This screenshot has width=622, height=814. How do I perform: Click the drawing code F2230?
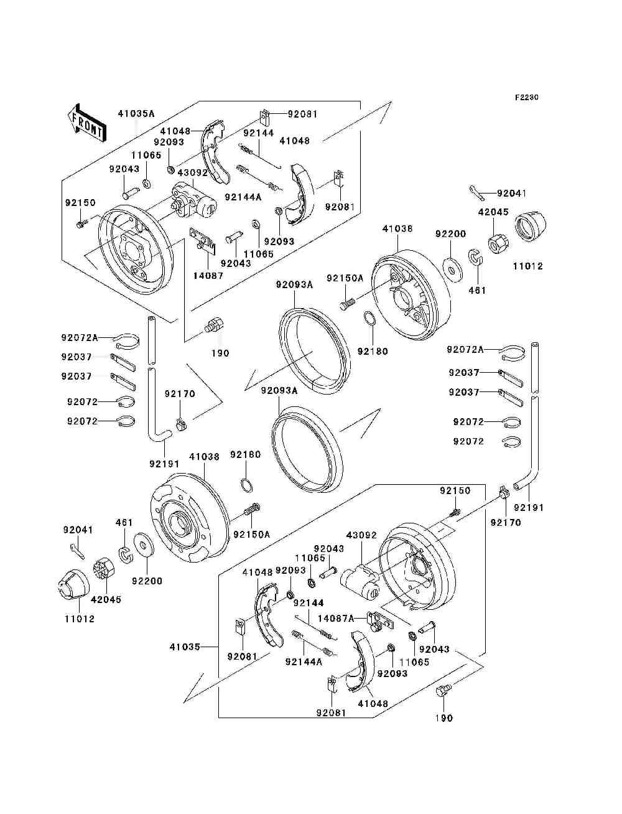[x=526, y=98]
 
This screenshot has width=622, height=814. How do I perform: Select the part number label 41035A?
[x=136, y=113]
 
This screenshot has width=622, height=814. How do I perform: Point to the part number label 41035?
[x=185, y=647]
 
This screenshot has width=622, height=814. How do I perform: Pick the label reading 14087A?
[x=335, y=618]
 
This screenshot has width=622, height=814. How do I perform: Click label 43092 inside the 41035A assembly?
[x=192, y=172]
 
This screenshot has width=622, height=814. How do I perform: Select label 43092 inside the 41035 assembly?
[x=361, y=535]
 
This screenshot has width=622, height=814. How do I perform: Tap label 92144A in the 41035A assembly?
[x=243, y=197]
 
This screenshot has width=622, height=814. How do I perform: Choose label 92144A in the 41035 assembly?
[x=304, y=662]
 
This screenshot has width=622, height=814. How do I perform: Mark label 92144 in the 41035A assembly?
[x=258, y=133]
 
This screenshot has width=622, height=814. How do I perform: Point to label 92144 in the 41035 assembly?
[x=309, y=603]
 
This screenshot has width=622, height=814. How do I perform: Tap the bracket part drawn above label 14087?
[x=204, y=239]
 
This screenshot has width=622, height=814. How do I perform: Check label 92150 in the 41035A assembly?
[x=80, y=202]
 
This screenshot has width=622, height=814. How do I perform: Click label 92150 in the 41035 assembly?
[x=455, y=490]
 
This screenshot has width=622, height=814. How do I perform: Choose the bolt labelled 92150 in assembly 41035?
[x=455, y=512]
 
